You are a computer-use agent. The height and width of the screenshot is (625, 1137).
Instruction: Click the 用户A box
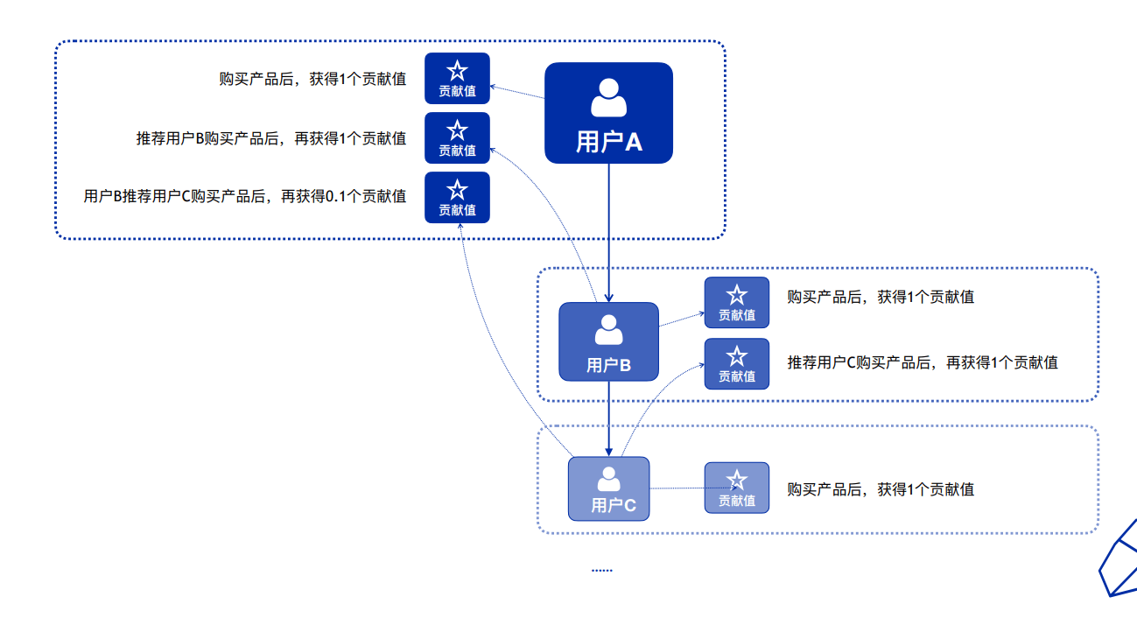(x=608, y=113)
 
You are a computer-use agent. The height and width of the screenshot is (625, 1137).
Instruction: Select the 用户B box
(x=608, y=341)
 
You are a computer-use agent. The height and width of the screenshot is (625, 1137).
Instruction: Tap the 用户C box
(x=608, y=488)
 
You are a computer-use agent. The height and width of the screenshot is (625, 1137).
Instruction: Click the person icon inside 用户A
(x=608, y=97)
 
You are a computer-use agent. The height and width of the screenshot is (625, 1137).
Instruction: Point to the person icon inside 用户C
(x=608, y=479)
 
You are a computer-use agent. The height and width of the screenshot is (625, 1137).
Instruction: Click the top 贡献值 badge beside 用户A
(x=457, y=79)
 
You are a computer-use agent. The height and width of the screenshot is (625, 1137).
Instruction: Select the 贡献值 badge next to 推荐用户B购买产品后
(x=457, y=138)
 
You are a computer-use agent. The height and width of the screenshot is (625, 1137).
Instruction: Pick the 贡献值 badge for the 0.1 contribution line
(x=457, y=197)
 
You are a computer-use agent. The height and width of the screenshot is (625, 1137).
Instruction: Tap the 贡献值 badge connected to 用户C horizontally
(x=736, y=488)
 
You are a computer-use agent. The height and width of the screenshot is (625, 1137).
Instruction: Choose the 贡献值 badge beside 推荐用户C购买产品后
(x=736, y=363)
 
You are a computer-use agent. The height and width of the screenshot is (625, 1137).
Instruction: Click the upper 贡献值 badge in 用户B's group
(x=736, y=303)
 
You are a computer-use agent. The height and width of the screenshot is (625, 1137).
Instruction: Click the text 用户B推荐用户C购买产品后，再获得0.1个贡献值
(x=245, y=197)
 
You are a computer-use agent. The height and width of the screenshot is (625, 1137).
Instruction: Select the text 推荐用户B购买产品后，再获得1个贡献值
(x=271, y=138)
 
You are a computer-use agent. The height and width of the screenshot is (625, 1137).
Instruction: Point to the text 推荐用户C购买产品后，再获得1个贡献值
(x=923, y=362)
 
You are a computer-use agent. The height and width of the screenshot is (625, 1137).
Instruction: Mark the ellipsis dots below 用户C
(x=601, y=570)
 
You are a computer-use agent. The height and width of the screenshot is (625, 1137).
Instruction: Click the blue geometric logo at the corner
(x=1118, y=560)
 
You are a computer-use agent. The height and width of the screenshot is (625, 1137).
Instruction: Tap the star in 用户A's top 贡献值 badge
(x=457, y=71)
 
